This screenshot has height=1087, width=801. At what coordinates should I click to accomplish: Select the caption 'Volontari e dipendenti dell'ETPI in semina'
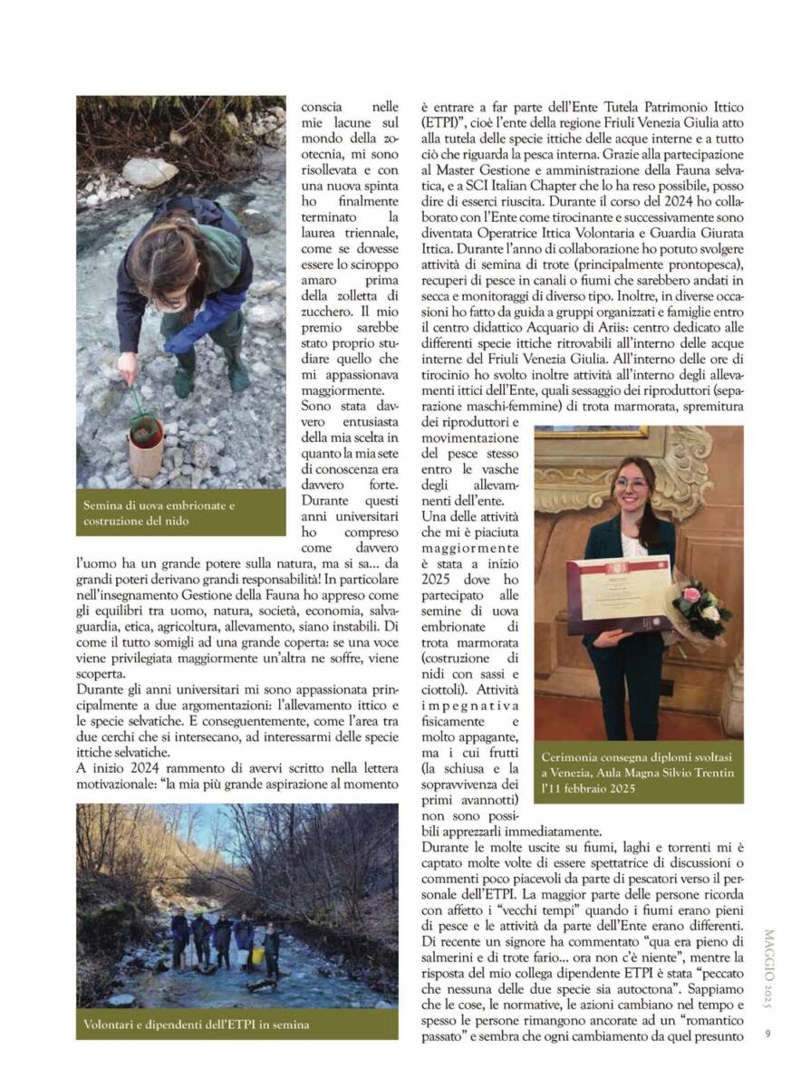192,1024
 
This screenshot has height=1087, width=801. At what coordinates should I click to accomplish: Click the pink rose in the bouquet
691,594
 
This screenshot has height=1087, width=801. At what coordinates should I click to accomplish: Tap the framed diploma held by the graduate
620,593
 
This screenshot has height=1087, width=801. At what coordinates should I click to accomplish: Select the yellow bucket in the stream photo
256,955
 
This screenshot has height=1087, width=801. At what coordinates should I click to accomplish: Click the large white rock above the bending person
150,171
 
